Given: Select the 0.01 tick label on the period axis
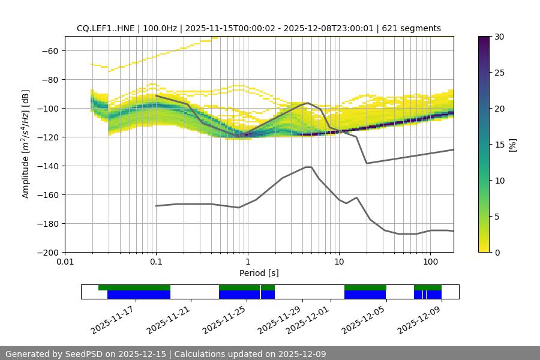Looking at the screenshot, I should coord(65,262).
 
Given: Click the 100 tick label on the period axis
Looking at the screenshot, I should coord(430,262).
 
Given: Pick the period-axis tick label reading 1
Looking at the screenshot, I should coord(247,262).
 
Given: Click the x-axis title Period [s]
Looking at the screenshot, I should coord(259,273).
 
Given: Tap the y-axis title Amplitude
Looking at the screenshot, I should coord(26,144).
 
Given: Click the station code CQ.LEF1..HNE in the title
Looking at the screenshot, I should coord(105,28).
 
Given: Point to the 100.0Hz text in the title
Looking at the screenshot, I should coord(160,28).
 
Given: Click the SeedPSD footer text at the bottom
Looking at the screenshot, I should coord(166,354).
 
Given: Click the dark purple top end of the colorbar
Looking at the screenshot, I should coord(485,39).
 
